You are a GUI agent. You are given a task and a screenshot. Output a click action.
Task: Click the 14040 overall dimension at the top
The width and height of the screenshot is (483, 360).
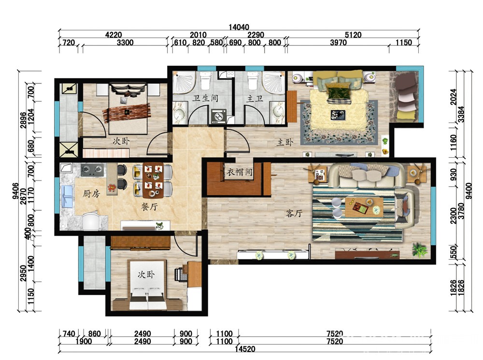point(239,27)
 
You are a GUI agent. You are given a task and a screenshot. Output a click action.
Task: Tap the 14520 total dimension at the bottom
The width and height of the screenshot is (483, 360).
point(245,349)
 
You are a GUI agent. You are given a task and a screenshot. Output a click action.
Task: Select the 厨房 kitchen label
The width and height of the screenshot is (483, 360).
point(91,194)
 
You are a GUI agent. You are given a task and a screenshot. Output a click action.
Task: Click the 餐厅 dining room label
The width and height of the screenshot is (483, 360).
point(149,207)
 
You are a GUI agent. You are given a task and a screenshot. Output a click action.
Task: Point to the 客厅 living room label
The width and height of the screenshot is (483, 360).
point(294,213)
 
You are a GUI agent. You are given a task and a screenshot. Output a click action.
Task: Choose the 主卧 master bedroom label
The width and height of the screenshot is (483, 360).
point(285,142)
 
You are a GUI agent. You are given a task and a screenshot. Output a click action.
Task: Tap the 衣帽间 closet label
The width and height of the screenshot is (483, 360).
point(240,172)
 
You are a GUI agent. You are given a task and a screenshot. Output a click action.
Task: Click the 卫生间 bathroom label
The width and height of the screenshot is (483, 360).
point(205,98)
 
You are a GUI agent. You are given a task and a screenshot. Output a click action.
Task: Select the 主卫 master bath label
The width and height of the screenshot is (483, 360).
point(255,98)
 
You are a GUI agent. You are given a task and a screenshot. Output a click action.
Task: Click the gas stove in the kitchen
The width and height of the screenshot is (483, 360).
point(92,169)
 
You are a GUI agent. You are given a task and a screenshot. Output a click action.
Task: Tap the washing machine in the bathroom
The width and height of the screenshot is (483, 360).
point(219,116)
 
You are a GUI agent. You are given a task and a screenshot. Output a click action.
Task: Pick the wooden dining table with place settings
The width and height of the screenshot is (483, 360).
point(153,180)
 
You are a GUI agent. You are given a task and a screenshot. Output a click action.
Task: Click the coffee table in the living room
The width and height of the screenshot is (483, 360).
point(364,207)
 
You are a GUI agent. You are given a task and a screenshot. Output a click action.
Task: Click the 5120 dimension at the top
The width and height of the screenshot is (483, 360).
point(353,35)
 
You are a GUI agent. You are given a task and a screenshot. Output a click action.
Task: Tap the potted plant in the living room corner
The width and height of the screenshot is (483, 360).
point(420,249)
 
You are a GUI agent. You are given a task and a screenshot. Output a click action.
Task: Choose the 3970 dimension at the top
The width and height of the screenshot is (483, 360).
point(338,42)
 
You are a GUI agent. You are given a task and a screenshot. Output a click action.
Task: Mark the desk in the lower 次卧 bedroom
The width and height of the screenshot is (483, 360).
point(194,274)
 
